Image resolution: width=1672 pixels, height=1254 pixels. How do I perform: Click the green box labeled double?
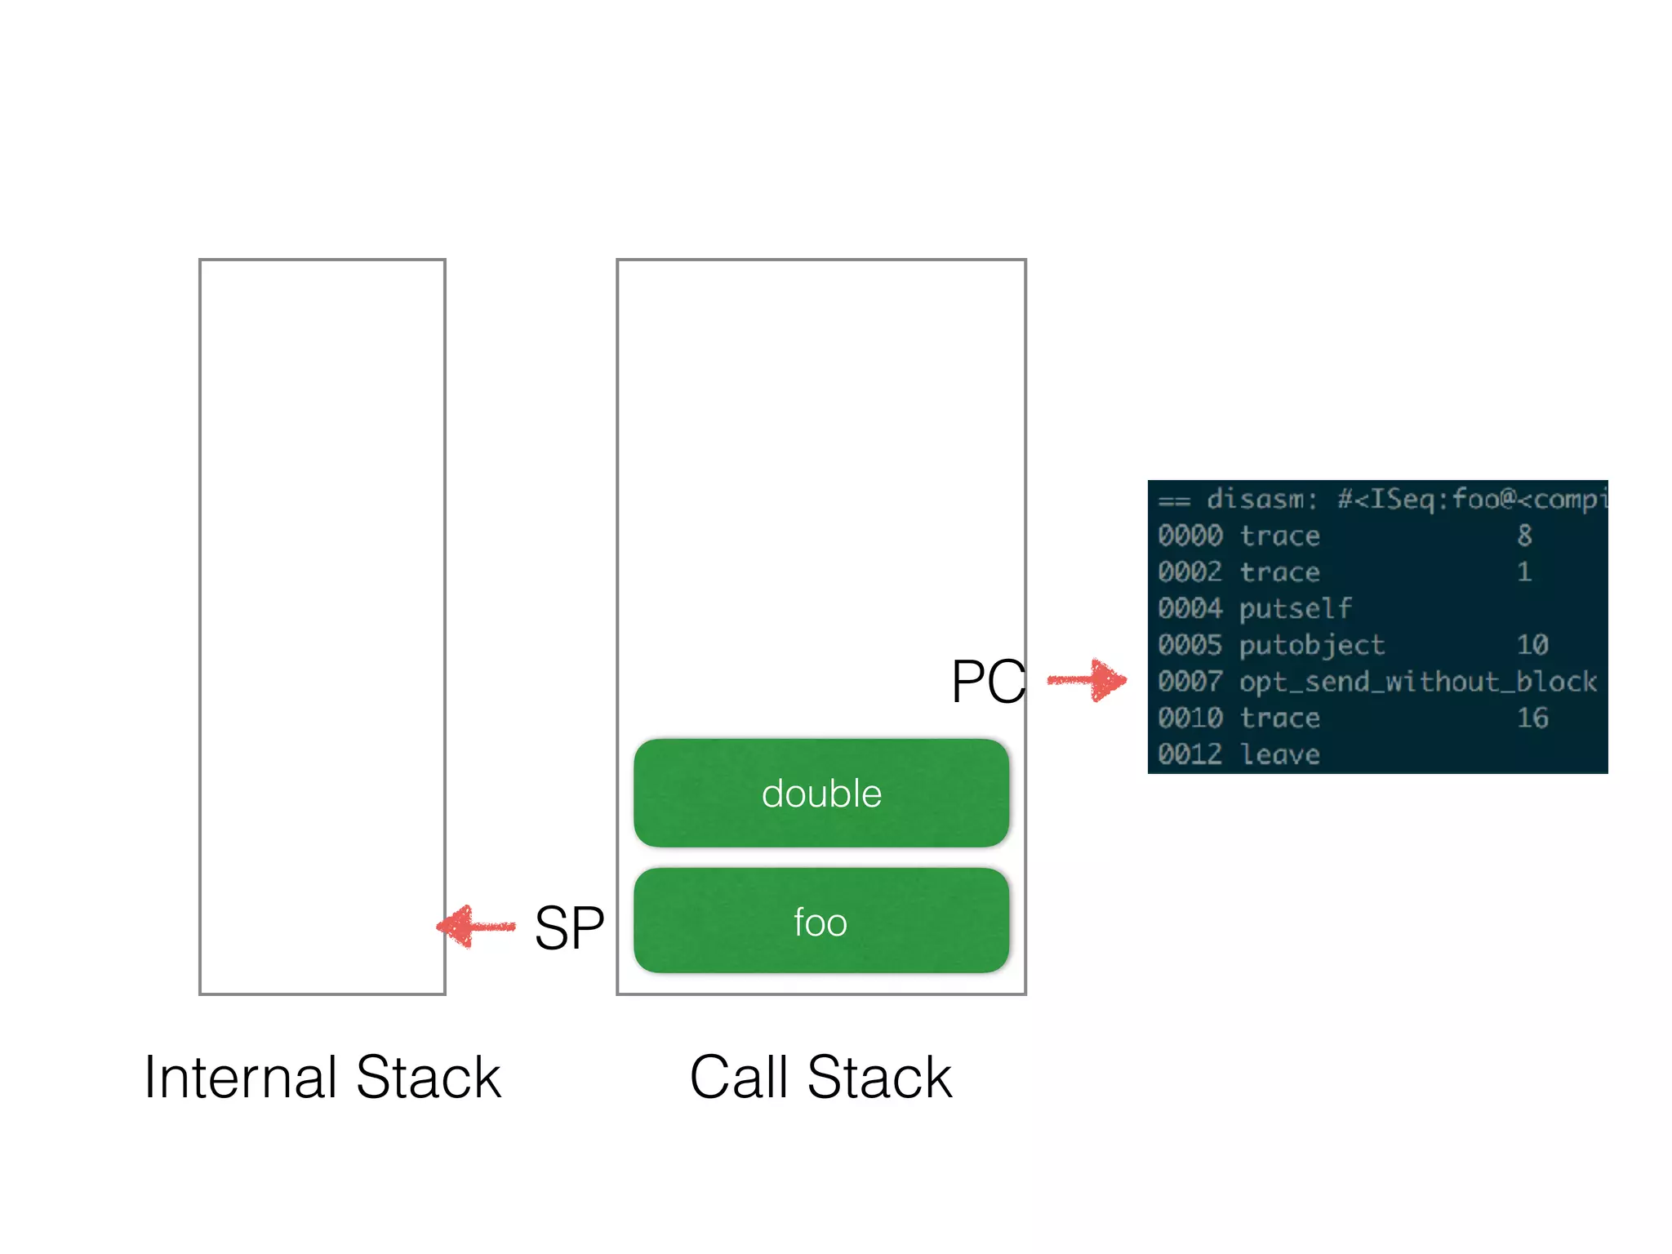point(821,793)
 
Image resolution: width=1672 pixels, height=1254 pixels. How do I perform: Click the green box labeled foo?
point(821,921)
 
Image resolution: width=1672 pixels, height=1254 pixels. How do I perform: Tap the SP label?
point(569,928)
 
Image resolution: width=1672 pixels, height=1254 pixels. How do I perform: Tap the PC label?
point(988,682)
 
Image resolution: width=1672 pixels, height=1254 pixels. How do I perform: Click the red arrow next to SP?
point(476,926)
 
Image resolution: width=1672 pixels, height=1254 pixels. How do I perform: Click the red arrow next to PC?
point(1087,680)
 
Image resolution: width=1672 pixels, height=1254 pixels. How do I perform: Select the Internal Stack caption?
point(322,1078)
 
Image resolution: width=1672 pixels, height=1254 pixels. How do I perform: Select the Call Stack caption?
point(821,1078)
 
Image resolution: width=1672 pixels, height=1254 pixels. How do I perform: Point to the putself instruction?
point(1296,609)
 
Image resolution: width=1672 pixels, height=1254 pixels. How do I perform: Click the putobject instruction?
point(1312,645)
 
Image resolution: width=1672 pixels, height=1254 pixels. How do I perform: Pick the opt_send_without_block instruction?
point(1418,682)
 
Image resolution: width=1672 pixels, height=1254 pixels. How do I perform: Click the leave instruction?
point(1280,754)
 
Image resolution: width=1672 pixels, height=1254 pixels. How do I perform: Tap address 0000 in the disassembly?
point(1190,536)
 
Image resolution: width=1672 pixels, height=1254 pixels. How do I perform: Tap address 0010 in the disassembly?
point(1190,718)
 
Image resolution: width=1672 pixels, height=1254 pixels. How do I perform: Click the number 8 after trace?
point(1524,536)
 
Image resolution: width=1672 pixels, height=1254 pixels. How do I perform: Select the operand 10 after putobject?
point(1532,645)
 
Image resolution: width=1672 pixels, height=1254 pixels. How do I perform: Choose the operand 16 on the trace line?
point(1532,718)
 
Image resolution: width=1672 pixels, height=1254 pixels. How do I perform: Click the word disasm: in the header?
point(1262,499)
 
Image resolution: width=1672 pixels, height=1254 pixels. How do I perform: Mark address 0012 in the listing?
point(1190,754)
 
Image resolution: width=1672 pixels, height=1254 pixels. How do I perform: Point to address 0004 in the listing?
point(1190,609)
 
